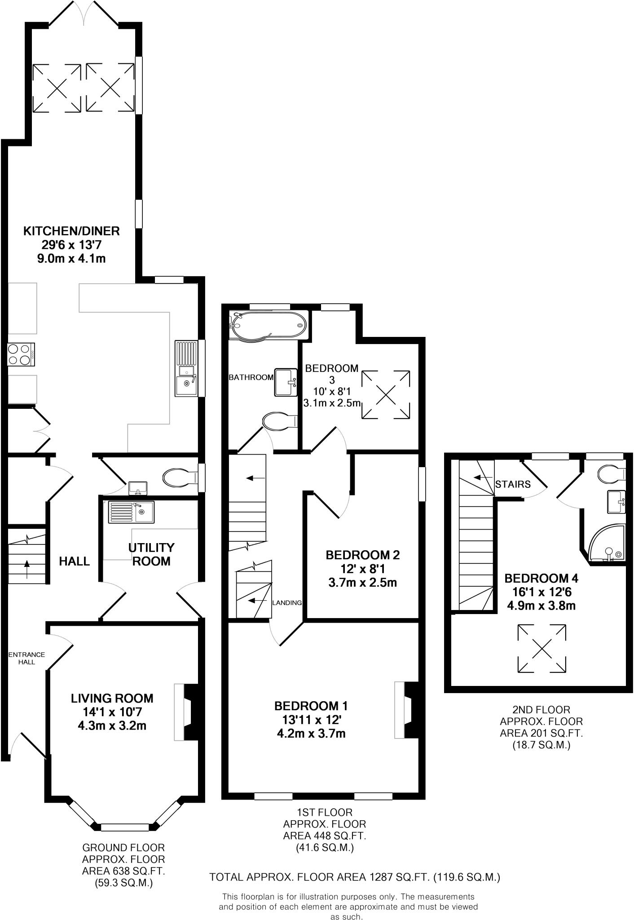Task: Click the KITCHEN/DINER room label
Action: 71,231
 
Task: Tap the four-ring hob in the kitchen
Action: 21,354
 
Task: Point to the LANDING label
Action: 287,603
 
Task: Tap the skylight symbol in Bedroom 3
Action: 386,395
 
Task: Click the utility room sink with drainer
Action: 131,512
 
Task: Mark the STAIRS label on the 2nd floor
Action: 513,484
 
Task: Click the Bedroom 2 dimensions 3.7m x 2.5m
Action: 362,583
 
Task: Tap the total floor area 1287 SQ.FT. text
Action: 355,877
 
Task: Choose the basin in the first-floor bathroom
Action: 286,382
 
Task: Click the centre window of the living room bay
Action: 124,827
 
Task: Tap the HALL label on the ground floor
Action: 75,561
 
